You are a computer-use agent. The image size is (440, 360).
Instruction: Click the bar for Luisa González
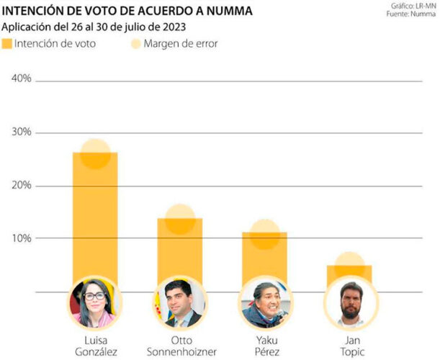tap(95, 216)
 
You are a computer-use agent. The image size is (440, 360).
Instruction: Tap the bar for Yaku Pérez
tap(264, 256)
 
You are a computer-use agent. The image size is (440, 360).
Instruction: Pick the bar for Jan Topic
tap(349, 273)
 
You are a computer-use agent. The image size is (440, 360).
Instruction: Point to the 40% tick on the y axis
tap(22, 79)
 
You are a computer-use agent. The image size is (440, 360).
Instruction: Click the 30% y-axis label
tap(22, 132)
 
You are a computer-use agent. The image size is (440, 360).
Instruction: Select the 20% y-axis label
tap(22, 186)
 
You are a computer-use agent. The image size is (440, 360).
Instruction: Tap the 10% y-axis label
tap(22, 238)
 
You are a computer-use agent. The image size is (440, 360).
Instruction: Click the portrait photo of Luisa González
tap(95, 303)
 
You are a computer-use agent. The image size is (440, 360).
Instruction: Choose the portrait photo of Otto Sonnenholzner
tap(179, 303)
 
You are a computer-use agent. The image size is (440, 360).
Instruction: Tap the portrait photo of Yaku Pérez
tap(264, 303)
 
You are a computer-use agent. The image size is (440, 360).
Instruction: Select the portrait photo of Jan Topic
tap(349, 303)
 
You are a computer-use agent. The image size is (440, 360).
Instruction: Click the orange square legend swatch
tap(8, 44)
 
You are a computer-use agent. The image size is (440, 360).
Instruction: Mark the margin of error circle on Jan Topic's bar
tap(349, 264)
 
